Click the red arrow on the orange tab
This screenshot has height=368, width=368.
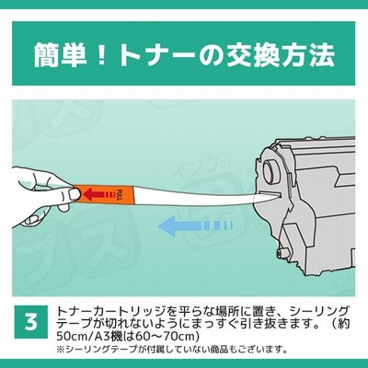[98, 194]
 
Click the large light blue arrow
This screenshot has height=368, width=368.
[195, 226]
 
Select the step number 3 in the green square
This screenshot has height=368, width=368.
[31, 322]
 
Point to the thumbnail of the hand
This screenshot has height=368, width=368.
[73, 194]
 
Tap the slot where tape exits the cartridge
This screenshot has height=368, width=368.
[269, 194]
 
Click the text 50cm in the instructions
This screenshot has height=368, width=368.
[71, 337]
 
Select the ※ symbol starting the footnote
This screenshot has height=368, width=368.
[61, 349]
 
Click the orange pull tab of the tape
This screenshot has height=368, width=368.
[104, 194]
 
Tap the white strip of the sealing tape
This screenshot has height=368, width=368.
[196, 195]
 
